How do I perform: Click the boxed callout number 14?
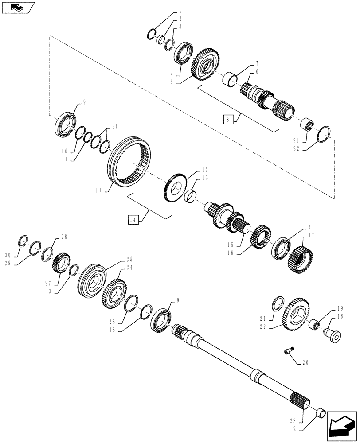(132, 219)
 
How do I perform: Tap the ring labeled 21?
(277, 305)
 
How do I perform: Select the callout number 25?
(129, 260)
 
